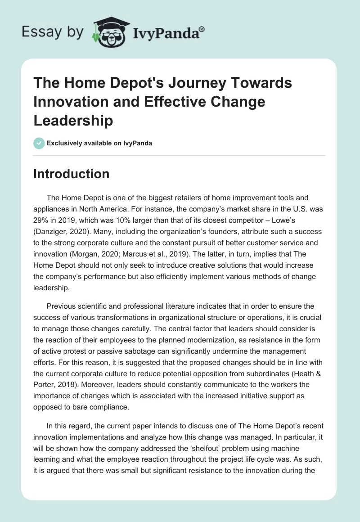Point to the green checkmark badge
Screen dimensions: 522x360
pos(39,143)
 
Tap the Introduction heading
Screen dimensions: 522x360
pos(71,174)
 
